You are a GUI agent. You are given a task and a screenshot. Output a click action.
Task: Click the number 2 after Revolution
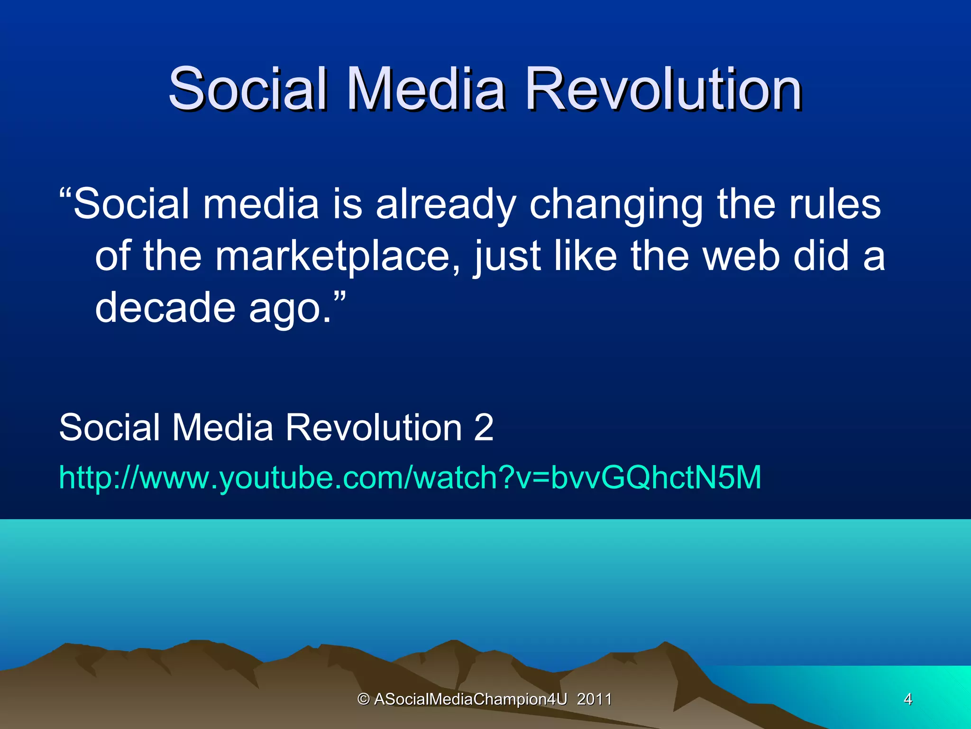[x=484, y=427]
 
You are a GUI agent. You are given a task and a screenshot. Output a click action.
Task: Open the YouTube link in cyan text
[x=410, y=477]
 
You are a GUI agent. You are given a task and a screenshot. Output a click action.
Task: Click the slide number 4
[x=908, y=699]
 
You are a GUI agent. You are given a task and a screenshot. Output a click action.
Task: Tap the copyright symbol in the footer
[x=364, y=699]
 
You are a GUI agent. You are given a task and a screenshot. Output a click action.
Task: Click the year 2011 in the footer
[x=594, y=699]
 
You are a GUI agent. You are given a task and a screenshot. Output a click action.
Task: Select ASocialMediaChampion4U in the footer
[x=470, y=699]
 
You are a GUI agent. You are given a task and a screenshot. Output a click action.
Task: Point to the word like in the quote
[x=585, y=256]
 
